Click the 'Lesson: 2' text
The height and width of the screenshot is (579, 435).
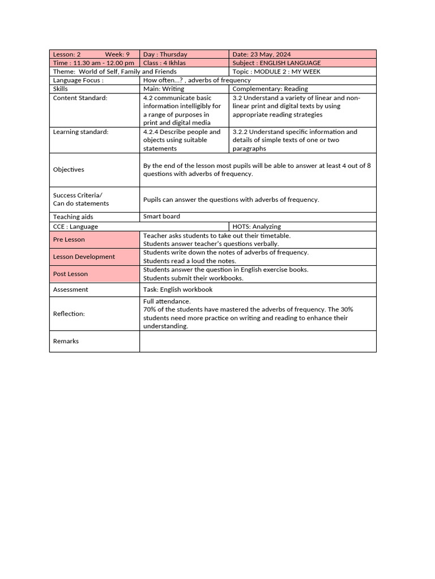[67, 54]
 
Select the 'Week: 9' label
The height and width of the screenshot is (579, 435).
[117, 54]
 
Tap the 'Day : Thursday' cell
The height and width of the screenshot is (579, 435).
[165, 54]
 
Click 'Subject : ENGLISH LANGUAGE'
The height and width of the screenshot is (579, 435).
[276, 63]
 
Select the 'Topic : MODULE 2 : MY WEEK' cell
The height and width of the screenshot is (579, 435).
[271, 72]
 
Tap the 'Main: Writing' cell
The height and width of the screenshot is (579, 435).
[164, 89]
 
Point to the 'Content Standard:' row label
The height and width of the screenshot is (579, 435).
[80, 98]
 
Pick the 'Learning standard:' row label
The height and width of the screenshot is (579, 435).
[80, 132]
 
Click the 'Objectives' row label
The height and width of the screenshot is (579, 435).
[69, 170]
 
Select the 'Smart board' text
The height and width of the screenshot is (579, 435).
[161, 217]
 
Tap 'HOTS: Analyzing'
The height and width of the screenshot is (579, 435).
[257, 227]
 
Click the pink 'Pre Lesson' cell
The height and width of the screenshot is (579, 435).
[94, 240]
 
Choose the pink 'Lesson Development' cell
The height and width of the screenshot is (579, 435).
[94, 257]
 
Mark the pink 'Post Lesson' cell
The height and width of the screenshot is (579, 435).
[94, 274]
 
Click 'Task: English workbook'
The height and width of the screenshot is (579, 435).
[178, 289]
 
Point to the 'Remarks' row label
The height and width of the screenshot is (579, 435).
[66, 342]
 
